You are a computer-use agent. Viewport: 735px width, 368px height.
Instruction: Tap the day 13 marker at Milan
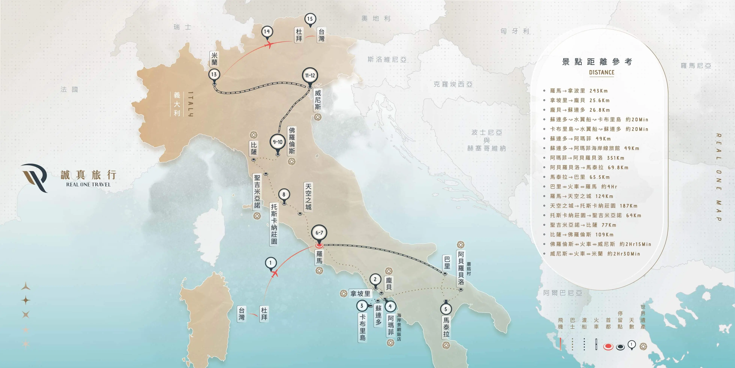pos(214,75)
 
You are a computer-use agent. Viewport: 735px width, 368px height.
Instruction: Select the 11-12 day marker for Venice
pos(310,76)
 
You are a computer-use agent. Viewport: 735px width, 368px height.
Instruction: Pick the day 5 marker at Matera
pos(446,309)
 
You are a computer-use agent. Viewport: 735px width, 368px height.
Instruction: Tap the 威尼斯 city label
pos(317,100)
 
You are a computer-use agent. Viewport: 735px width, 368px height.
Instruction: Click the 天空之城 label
pos(308,197)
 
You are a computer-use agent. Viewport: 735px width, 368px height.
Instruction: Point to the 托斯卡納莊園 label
pos(274,224)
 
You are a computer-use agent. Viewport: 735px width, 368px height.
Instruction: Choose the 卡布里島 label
pos(362,327)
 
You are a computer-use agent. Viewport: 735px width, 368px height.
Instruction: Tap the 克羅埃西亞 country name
pos(453,84)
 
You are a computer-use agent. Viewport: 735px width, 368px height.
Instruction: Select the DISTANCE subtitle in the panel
pos(601,73)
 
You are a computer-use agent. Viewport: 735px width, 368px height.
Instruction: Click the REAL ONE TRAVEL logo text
pos(88,185)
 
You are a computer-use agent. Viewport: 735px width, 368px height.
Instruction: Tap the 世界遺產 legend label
pos(643,317)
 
